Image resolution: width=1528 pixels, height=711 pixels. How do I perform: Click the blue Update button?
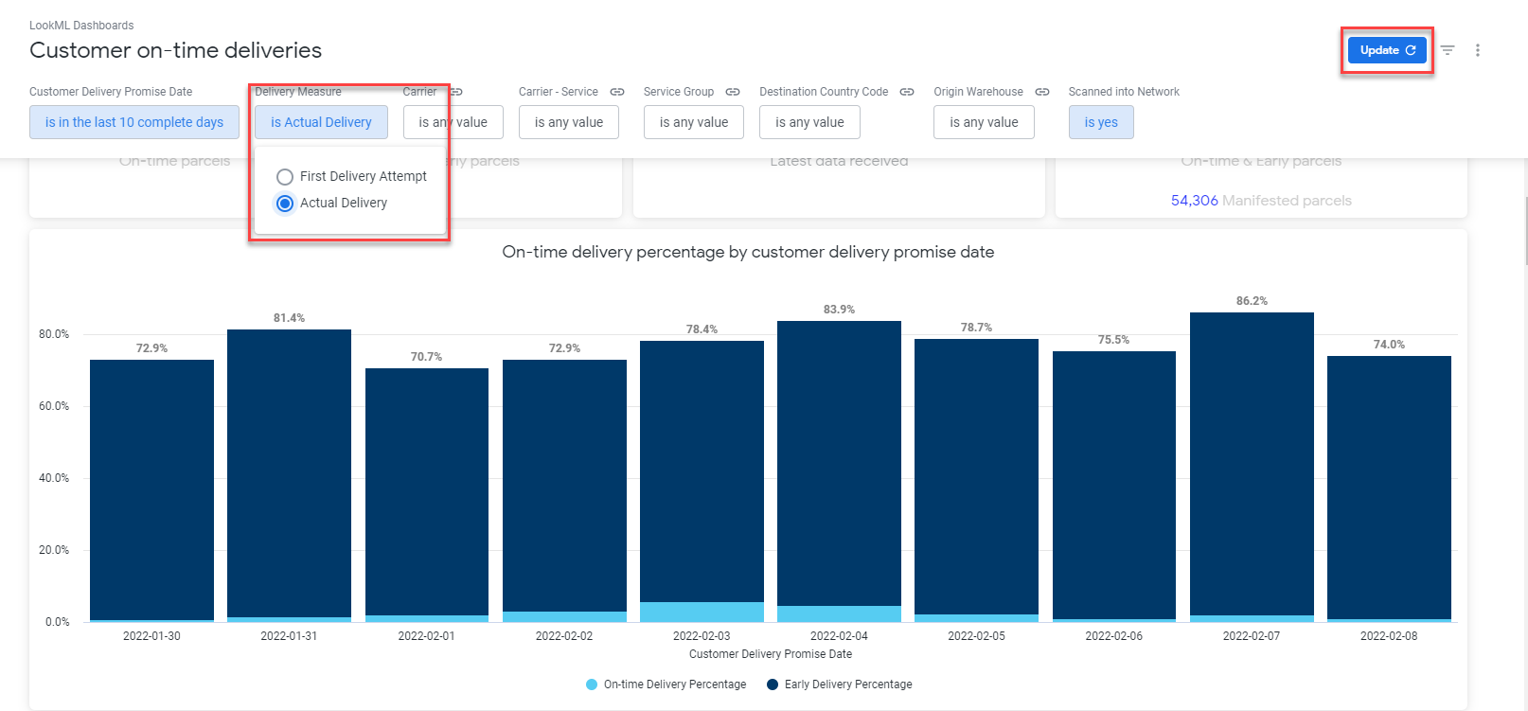pyautogui.click(x=1386, y=50)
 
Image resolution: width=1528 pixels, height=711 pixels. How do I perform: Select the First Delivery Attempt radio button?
pyautogui.click(x=285, y=177)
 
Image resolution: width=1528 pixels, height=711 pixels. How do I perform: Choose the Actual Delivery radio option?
pyautogui.click(x=285, y=204)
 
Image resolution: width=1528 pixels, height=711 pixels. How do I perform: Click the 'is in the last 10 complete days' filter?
pyautogui.click(x=134, y=122)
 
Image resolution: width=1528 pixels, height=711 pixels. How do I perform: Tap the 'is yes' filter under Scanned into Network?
pyautogui.click(x=1100, y=122)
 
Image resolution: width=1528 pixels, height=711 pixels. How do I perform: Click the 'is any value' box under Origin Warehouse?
pyautogui.click(x=983, y=122)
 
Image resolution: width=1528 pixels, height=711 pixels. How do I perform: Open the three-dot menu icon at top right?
pyautogui.click(x=1477, y=50)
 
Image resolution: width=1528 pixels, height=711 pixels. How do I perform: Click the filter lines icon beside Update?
pyautogui.click(x=1448, y=50)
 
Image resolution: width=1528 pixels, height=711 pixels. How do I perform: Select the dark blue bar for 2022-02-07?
pyautogui.click(x=1251, y=464)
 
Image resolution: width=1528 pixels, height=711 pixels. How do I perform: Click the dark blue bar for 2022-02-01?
pyautogui.click(x=426, y=492)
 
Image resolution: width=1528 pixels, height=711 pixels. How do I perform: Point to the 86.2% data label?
pyautogui.click(x=1251, y=301)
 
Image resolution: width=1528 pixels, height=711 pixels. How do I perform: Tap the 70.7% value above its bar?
pyautogui.click(x=426, y=357)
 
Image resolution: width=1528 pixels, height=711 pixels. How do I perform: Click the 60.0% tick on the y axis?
pyautogui.click(x=54, y=406)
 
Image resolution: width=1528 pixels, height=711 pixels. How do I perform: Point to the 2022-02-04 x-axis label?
pyautogui.click(x=839, y=636)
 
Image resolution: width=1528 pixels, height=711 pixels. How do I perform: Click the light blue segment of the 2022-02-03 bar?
pyautogui.click(x=702, y=612)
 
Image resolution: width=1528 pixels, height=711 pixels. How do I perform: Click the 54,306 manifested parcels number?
pyautogui.click(x=1194, y=201)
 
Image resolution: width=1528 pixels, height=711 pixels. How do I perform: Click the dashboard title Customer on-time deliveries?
pyautogui.click(x=175, y=50)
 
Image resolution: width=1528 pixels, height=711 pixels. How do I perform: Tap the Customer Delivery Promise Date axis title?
pyautogui.click(x=770, y=654)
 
